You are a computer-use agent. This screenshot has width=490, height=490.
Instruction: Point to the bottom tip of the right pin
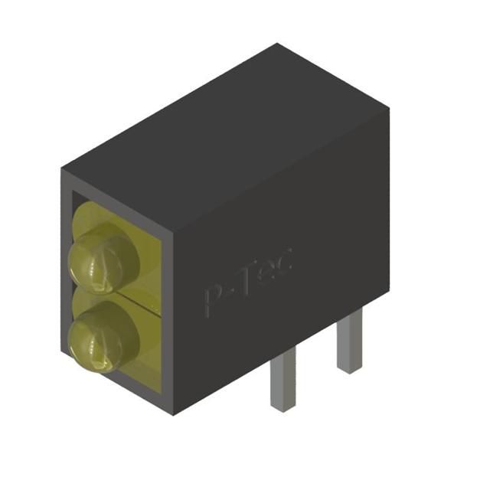click(349, 371)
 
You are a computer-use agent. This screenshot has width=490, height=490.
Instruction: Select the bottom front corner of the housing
click(175, 414)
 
